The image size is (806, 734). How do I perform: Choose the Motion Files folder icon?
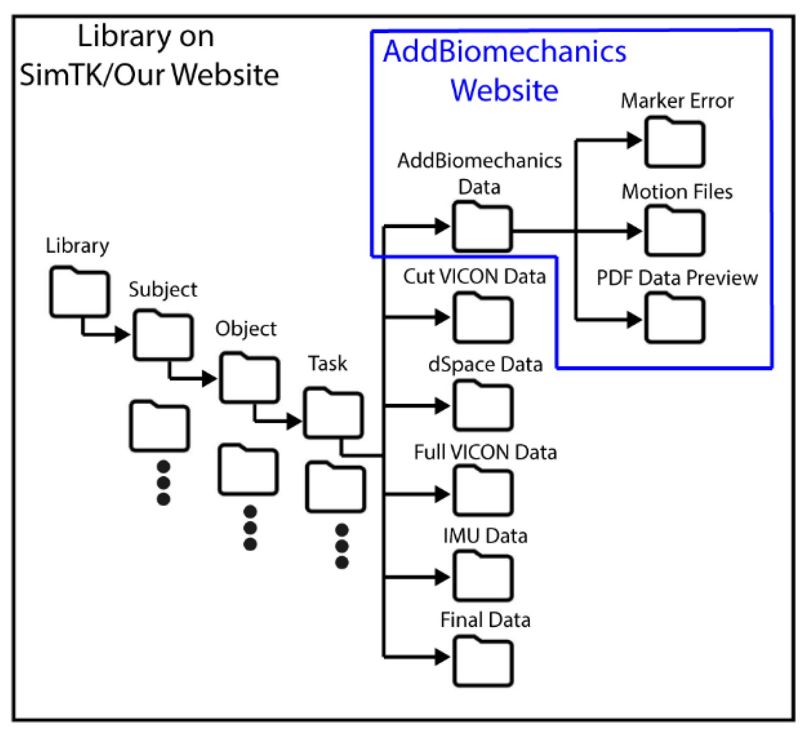pyautogui.click(x=674, y=232)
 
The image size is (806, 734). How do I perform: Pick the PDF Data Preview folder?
pyautogui.click(x=674, y=319)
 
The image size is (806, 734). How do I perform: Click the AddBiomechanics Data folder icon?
pyautogui.click(x=482, y=228)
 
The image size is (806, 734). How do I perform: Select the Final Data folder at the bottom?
pyautogui.click(x=483, y=663)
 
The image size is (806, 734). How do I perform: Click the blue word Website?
pyautogui.click(x=504, y=90)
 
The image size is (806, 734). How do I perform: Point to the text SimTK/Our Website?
pyautogui.click(x=149, y=75)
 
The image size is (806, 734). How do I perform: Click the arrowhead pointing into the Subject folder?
pyautogui.click(x=123, y=334)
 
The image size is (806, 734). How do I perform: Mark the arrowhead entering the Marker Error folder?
pyautogui.click(x=634, y=140)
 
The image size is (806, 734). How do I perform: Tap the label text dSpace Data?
pyautogui.click(x=485, y=364)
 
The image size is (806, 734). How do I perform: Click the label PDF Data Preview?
pyautogui.click(x=677, y=278)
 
